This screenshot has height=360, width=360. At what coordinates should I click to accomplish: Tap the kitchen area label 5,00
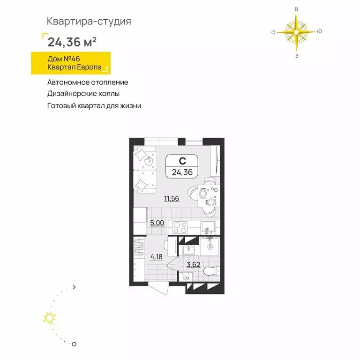point(157,223)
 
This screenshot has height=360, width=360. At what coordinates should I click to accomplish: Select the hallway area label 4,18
point(157,256)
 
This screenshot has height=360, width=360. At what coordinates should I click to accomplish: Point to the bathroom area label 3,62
point(194,264)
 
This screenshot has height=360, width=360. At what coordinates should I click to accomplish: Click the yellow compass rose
point(296,32)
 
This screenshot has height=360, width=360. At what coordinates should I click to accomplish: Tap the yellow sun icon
point(49,318)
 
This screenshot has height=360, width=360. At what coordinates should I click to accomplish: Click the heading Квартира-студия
point(89,21)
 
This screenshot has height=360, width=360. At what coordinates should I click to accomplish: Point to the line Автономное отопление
point(88,82)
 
